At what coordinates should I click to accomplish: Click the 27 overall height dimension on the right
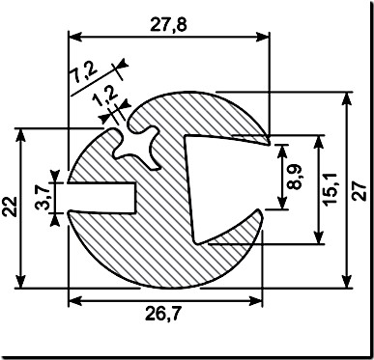click(x=360, y=189)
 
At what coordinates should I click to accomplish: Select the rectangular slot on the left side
click(x=101, y=196)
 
